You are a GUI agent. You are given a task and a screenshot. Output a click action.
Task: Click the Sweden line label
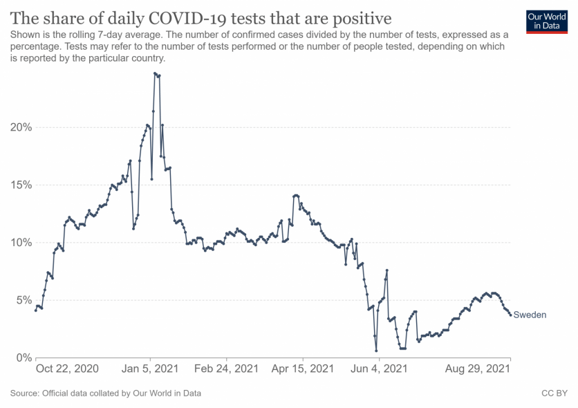point(530,315)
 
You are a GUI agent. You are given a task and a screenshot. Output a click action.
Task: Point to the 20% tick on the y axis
point(19,127)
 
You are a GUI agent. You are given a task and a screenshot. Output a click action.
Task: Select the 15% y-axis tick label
point(19,185)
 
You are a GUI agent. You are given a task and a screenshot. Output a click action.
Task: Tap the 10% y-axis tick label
point(19,243)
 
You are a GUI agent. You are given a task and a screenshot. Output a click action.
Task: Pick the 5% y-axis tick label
point(22,300)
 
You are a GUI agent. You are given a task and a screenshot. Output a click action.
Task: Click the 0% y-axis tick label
point(22,358)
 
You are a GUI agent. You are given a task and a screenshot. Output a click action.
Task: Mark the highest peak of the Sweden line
point(155,73)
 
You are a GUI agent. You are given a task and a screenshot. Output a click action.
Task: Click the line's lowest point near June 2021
point(377,351)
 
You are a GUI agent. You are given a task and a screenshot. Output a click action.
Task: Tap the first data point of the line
point(35,310)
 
